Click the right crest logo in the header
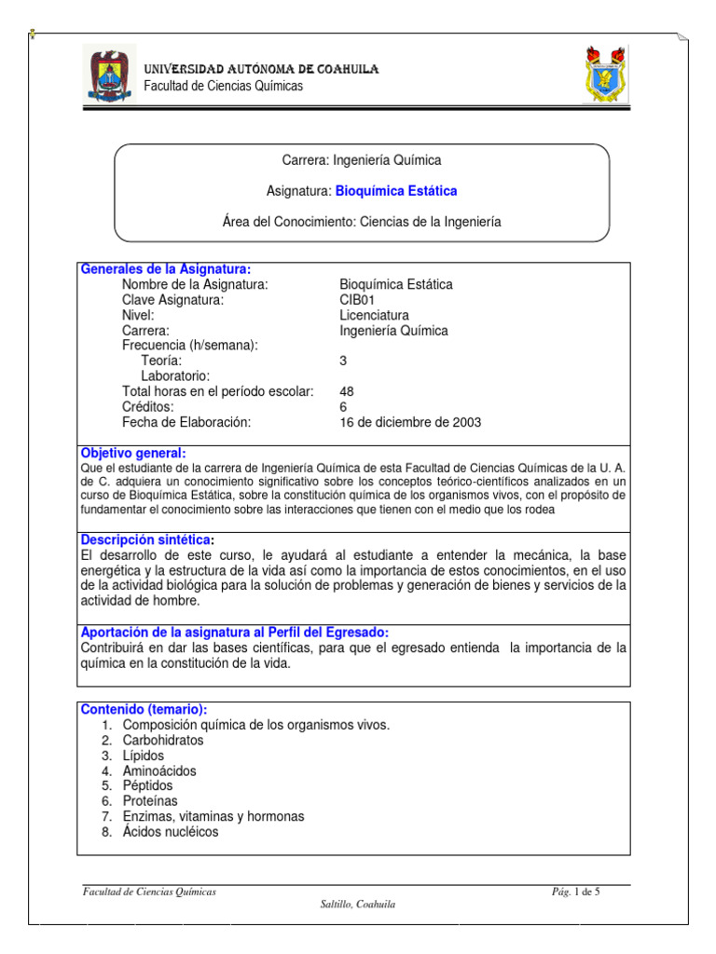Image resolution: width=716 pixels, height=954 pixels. (605, 75)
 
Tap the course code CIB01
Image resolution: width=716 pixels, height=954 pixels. (357, 300)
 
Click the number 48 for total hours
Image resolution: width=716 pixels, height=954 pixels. (348, 391)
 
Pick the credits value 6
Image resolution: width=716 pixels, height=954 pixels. (344, 407)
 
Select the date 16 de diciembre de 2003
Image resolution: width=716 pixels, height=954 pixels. (410, 422)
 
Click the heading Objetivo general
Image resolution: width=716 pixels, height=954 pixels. (134, 453)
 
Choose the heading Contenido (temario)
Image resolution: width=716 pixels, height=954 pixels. (145, 710)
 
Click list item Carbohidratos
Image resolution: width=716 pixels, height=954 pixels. (162, 741)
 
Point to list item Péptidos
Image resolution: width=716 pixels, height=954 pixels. (147, 786)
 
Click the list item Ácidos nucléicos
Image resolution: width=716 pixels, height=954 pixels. (171, 832)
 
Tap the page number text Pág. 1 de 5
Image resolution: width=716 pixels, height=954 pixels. (576, 893)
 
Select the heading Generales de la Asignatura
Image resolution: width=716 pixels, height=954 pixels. (165, 269)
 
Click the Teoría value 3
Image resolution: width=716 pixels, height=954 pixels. (344, 361)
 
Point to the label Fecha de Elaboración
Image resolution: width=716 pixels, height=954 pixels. (187, 422)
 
